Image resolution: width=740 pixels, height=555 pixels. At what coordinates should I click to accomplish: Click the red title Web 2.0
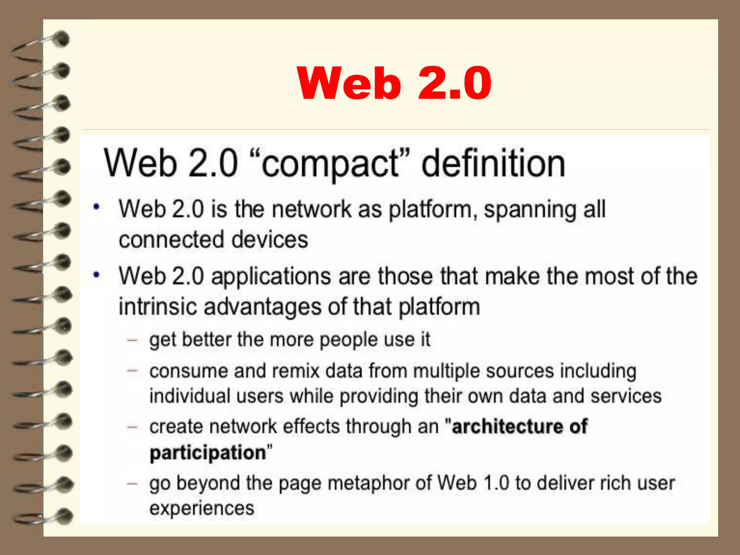click(x=394, y=83)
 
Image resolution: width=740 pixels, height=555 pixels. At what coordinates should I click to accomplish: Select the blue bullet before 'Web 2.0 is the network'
click(x=96, y=207)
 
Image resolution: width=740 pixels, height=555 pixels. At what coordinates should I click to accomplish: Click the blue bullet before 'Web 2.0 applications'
click(x=96, y=275)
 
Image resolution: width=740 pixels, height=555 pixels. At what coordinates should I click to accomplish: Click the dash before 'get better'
click(x=133, y=340)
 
